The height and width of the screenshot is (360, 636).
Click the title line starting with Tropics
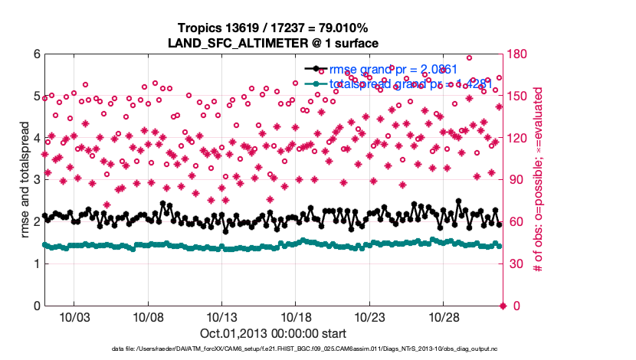click(274, 28)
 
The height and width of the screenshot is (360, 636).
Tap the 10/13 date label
click(221, 316)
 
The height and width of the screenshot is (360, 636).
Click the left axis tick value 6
click(35, 54)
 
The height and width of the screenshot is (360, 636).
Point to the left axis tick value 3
click(35, 180)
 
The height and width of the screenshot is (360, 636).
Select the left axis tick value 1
click(35, 264)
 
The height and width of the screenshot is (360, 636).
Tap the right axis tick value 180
click(517, 54)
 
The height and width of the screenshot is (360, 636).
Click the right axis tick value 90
click(514, 180)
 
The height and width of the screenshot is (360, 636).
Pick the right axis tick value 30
click(514, 264)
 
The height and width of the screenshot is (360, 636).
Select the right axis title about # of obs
click(538, 180)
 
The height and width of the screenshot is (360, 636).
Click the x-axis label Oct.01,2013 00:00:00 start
click(274, 334)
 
